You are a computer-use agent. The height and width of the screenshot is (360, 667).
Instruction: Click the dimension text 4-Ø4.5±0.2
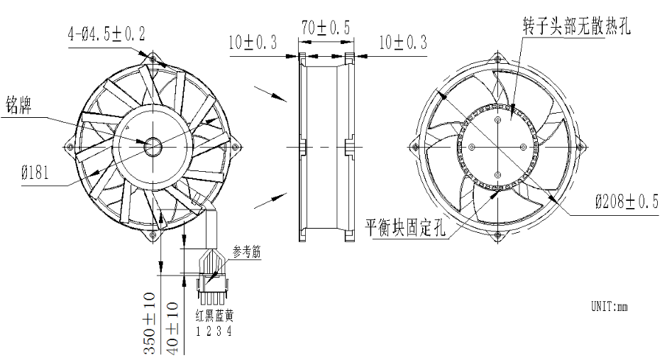(107, 34)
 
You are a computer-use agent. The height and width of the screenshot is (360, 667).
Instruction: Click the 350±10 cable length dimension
(151, 322)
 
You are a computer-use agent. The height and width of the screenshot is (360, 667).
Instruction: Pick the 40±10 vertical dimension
(172, 322)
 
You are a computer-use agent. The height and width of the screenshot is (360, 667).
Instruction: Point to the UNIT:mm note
(610, 307)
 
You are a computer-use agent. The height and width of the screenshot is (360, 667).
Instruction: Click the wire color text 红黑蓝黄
(214, 317)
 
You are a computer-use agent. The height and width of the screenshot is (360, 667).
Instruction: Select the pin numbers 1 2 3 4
(214, 331)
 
